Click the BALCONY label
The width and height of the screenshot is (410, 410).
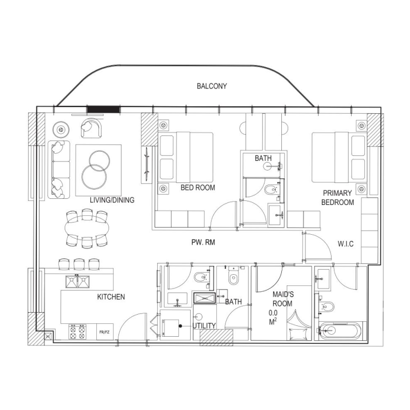click(x=212, y=86)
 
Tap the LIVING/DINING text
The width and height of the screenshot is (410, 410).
click(x=112, y=200)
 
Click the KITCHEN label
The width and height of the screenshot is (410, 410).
click(x=111, y=297)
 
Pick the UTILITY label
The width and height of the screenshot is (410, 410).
click(x=204, y=325)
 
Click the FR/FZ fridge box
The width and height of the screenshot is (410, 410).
click(x=105, y=333)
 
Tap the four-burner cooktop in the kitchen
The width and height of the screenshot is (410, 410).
click(x=77, y=332)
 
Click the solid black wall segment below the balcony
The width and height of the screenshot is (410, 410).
click(x=103, y=109)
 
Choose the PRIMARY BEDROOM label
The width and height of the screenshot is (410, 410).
click(x=337, y=197)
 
